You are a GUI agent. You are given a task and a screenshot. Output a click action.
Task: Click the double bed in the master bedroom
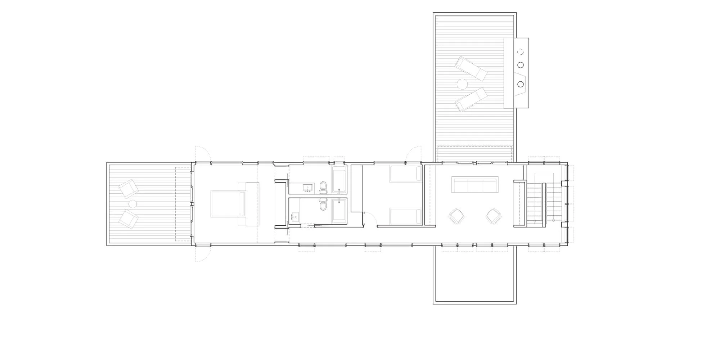click(228, 204)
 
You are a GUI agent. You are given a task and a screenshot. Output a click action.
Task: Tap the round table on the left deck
click(133, 204)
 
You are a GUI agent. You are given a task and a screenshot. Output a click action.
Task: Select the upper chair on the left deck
click(129, 189)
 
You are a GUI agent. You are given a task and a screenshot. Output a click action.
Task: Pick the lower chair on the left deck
click(129, 219)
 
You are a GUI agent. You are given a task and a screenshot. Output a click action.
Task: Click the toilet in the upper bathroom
click(323, 186)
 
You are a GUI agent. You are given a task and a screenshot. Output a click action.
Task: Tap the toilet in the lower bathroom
click(323, 206)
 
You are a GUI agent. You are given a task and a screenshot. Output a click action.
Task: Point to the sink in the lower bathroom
click(296, 217)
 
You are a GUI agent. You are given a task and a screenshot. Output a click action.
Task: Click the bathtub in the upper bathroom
click(339, 179)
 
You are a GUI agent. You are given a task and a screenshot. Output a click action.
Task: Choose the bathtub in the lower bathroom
click(339, 211)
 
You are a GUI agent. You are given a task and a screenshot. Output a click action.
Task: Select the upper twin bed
click(406, 174)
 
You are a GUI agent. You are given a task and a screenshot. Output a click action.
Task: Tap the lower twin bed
click(406, 216)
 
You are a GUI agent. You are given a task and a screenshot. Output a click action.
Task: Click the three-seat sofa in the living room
click(475, 185)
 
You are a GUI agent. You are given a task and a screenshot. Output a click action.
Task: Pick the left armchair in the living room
click(456, 217)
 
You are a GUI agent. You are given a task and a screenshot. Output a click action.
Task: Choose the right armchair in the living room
click(494, 217)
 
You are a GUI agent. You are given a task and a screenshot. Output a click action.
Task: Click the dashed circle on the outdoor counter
click(520, 52)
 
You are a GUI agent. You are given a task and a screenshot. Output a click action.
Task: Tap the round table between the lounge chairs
click(462, 84)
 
